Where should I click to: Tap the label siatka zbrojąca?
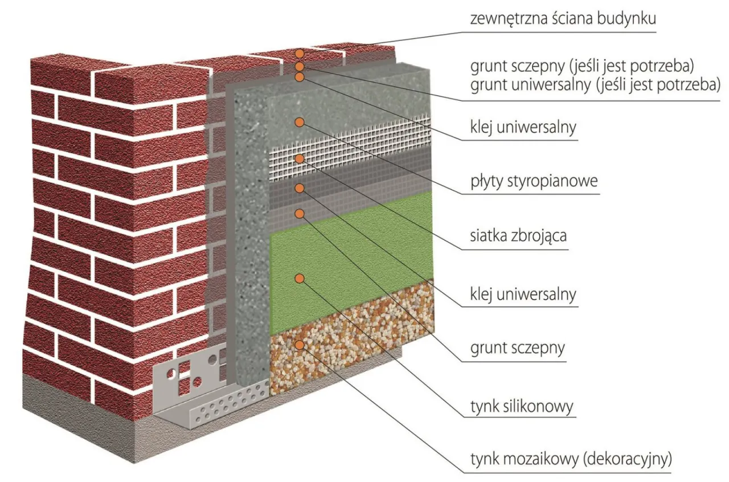pos(518,235)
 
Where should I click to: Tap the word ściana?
pos(567,18)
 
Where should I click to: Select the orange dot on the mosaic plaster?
pos(300,345)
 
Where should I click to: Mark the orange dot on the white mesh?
pos(300,158)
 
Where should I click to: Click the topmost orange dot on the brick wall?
pos(300,54)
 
